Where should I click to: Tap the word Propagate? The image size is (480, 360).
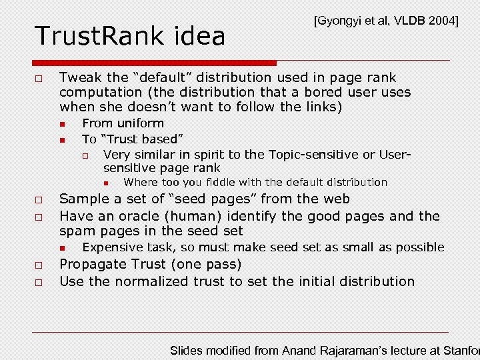[92, 264]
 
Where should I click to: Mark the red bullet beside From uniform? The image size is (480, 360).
[61, 124]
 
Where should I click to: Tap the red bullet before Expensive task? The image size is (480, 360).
[61, 248]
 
